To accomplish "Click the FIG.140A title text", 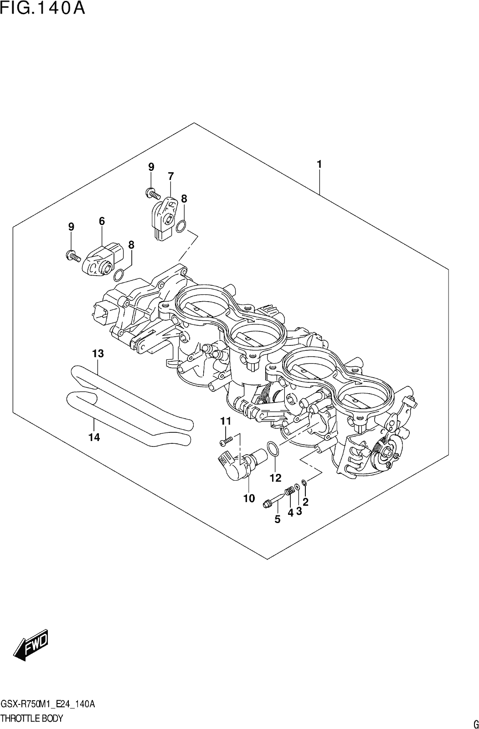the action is tap(43, 8).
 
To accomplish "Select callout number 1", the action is tap(319, 164).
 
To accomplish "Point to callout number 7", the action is tap(170, 176).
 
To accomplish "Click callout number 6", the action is tap(102, 221).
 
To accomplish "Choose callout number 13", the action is tap(98, 354).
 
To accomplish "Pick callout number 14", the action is tap(94, 438).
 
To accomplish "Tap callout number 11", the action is tap(225, 421).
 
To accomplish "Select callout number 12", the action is tap(275, 478).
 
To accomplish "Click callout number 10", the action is tap(249, 498).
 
